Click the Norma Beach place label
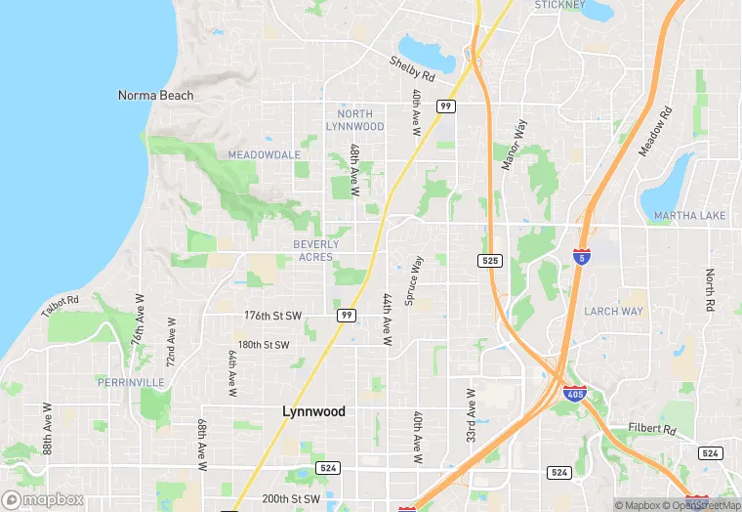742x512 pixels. [x=155, y=96]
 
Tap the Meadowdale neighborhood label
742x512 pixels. [x=264, y=154]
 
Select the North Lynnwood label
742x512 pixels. [x=354, y=120]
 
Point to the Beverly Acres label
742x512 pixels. [x=316, y=251]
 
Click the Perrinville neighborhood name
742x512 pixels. [x=131, y=382]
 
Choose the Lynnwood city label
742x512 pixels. [x=313, y=411]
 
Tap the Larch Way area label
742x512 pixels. [x=613, y=312]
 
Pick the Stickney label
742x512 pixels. [x=559, y=5]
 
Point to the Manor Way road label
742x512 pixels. [x=514, y=146]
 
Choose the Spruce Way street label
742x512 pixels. [x=415, y=280]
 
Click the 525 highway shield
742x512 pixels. [x=490, y=261]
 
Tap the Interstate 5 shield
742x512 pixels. [x=581, y=257]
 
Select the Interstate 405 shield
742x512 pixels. [x=575, y=395]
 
